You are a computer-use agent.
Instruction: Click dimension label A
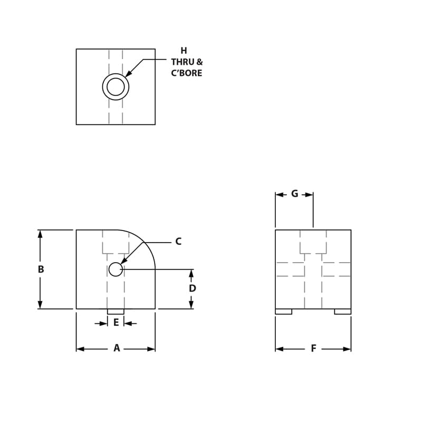tap(117, 348)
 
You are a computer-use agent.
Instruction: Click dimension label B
tap(41, 269)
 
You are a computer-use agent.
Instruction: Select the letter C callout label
tap(178, 242)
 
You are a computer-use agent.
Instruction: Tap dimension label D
tap(193, 289)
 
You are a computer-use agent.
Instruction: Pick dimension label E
tap(116, 323)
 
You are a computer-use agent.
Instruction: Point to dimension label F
tap(313, 348)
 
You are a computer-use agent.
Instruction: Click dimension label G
tap(294, 194)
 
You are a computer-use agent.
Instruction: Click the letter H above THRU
tap(184, 51)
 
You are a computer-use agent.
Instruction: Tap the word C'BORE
tap(187, 73)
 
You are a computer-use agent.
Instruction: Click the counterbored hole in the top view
tap(116, 87)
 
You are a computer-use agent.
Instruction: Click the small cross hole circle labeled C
tap(116, 269)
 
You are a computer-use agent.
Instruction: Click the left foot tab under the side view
tap(283, 312)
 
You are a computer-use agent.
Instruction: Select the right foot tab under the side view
tap(342, 312)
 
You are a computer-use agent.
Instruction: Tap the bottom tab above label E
tap(116, 312)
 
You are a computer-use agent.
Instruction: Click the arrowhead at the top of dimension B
tap(40, 234)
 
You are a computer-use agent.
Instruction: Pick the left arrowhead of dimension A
tap(80, 349)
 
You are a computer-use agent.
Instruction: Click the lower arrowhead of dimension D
tap(191, 304)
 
